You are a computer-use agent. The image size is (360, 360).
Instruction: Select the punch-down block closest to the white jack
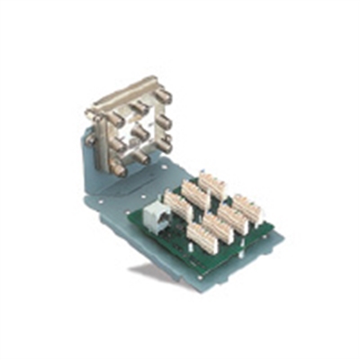click(176, 206)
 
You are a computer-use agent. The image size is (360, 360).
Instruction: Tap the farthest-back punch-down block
click(213, 183)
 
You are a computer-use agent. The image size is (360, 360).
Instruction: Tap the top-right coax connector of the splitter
click(163, 96)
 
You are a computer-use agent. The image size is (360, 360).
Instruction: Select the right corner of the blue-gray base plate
click(283, 239)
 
